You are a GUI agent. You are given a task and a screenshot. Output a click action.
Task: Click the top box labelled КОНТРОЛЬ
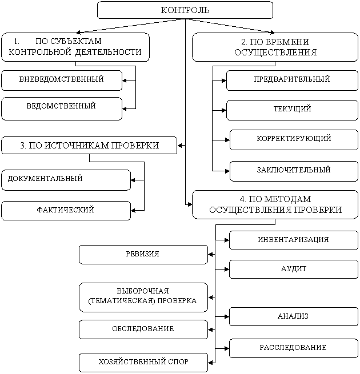[185, 10]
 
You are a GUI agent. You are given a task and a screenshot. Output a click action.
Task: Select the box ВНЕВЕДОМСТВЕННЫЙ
[62, 80]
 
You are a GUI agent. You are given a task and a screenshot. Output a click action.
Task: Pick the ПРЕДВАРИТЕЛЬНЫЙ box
[292, 80]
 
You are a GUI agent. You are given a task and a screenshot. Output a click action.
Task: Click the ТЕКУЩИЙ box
[292, 110]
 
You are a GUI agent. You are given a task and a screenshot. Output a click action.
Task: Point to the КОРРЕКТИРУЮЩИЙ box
[294, 139]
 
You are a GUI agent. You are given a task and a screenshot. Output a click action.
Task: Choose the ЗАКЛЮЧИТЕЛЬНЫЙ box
[294, 171]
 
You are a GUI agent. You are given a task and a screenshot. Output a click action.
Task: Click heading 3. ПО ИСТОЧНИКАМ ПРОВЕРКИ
[89, 146]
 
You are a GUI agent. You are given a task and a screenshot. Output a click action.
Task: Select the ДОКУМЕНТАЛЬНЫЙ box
[66, 179]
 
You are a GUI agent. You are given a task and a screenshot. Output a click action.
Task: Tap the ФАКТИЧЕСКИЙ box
[66, 211]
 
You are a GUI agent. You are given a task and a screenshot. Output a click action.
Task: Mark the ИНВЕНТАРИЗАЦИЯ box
[294, 240]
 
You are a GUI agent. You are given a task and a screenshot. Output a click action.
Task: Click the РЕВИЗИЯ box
[143, 255]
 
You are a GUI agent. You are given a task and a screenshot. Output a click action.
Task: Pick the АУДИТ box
[294, 269]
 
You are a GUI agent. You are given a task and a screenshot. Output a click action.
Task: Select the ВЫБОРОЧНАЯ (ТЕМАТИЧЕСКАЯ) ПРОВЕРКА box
[143, 296]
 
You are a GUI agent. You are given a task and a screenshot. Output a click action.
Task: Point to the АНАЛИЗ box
[294, 316]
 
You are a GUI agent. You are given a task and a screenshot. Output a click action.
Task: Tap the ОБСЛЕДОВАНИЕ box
[143, 329]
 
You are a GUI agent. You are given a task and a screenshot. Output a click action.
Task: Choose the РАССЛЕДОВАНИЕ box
[294, 348]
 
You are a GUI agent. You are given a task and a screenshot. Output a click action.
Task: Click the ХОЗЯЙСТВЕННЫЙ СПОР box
[143, 363]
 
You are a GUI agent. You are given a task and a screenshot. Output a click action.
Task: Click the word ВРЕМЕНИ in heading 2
[290, 42]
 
